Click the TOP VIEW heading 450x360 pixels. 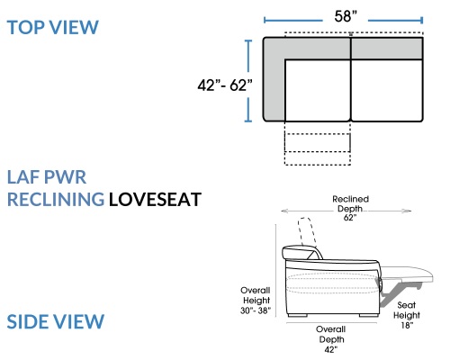pos(52,27)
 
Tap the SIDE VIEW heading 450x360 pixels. pos(56,321)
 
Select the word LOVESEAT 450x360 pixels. pos(155,200)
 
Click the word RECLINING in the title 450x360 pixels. pos(56,200)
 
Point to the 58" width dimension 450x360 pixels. pos(346,16)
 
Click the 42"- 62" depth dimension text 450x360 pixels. pos(225,85)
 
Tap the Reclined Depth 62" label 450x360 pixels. pos(350,208)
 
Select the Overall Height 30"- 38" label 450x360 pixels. pos(256,301)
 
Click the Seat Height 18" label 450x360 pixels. pos(407,315)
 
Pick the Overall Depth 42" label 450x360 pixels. pos(331,339)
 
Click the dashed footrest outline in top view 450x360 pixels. pos(318,143)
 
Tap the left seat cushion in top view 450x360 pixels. pos(318,90)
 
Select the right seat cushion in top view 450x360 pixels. pos(387,90)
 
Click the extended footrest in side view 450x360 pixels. pos(407,274)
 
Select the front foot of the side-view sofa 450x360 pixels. pos(368,315)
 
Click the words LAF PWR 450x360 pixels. pos(47,177)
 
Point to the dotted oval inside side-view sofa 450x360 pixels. pos(332,283)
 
